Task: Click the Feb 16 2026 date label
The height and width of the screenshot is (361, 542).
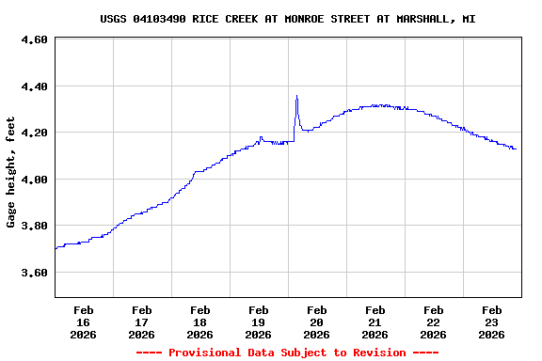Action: click(83, 322)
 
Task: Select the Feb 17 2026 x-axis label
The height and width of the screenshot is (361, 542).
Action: click(141, 322)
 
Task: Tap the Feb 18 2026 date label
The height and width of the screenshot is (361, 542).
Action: click(199, 322)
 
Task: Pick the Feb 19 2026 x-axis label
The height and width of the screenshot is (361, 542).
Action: click(258, 322)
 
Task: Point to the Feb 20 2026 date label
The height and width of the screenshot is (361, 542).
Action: click(316, 322)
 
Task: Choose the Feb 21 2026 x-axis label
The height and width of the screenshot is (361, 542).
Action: click(375, 322)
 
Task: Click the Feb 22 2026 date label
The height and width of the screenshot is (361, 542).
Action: click(433, 322)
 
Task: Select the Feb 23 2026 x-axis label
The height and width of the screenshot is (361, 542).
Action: click(491, 322)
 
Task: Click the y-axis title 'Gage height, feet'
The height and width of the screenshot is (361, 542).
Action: click(11, 172)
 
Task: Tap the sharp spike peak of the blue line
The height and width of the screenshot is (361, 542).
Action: click(296, 96)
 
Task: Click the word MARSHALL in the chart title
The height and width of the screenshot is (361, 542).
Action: click(422, 19)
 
